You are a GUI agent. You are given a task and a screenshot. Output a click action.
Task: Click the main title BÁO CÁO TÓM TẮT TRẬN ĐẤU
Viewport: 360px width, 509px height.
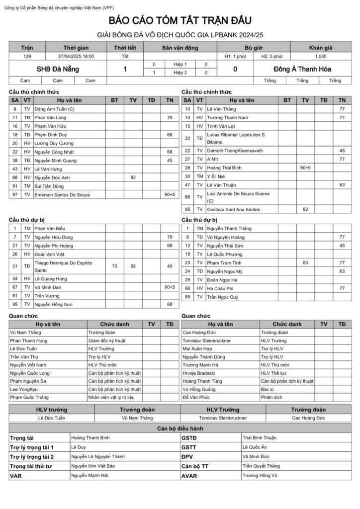[x=180, y=20]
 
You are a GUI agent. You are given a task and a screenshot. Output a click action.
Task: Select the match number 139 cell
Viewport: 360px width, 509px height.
[x=27, y=56]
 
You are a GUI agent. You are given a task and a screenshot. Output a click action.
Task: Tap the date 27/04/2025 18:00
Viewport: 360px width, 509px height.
[x=76, y=56]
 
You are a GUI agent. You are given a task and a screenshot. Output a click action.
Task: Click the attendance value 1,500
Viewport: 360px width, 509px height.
[x=321, y=56]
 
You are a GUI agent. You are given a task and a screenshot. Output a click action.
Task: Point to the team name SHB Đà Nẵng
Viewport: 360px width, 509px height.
[x=58, y=69]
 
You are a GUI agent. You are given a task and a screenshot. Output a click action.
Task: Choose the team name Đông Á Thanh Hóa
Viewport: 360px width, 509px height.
[x=302, y=69]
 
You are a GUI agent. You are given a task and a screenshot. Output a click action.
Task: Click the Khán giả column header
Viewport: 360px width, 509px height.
[x=321, y=48]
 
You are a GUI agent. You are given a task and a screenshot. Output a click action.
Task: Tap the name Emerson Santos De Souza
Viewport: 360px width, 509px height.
[x=62, y=195]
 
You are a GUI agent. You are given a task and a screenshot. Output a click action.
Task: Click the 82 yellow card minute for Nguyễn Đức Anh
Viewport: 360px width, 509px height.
[x=133, y=177]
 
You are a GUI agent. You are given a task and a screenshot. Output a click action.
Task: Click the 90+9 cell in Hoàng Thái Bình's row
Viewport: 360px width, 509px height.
[x=305, y=168]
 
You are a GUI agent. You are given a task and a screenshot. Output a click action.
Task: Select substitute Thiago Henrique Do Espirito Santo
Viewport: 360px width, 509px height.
[x=63, y=266]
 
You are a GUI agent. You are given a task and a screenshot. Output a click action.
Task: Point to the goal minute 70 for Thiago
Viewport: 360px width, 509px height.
[x=115, y=266]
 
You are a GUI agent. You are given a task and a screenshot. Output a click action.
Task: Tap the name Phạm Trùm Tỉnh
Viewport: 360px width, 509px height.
[x=224, y=262]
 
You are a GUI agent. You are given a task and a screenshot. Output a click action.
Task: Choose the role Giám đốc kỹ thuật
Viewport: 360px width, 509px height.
[x=106, y=340]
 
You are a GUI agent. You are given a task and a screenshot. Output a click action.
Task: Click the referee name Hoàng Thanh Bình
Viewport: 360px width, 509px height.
[x=90, y=438]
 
